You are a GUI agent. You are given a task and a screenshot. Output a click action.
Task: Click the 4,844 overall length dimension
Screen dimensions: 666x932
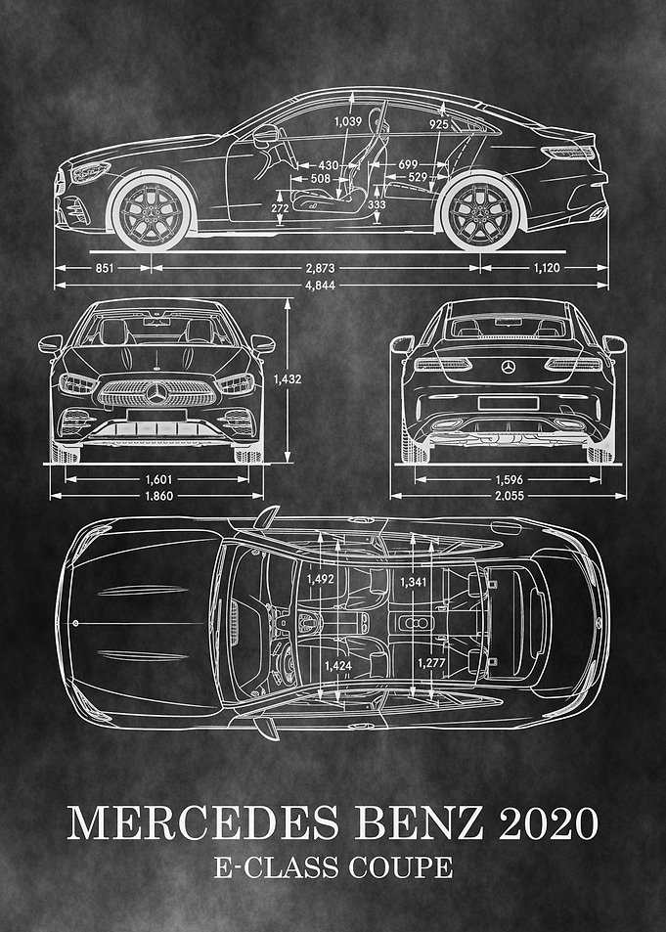click(x=320, y=286)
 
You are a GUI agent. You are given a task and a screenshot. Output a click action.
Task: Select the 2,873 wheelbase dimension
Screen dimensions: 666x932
click(x=320, y=268)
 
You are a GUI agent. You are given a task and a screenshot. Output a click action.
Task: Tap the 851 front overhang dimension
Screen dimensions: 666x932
click(x=104, y=268)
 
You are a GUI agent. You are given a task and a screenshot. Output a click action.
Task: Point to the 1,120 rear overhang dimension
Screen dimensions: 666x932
click(x=546, y=268)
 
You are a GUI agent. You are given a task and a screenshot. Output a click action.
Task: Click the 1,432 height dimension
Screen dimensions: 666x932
click(x=288, y=379)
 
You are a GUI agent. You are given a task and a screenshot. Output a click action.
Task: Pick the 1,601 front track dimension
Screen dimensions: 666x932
click(x=158, y=479)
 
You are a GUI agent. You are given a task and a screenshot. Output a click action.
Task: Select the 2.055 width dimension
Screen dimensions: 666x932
click(x=509, y=496)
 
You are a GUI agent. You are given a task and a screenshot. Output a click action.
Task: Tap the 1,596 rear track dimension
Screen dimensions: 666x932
click(x=509, y=479)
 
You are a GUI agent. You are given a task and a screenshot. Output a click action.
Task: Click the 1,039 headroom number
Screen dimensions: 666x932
click(x=347, y=122)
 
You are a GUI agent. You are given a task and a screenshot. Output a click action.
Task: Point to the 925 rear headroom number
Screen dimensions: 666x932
click(x=439, y=124)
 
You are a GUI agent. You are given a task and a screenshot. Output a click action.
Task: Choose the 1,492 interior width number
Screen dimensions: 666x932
click(x=321, y=579)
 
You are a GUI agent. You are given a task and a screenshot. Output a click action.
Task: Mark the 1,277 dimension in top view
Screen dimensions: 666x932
click(x=431, y=663)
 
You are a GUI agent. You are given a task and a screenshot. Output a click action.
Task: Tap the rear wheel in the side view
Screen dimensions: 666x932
click(x=480, y=211)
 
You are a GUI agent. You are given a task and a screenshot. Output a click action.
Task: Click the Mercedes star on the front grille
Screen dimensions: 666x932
click(x=156, y=393)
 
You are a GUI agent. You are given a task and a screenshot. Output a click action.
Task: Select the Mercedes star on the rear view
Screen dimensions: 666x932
click(x=508, y=367)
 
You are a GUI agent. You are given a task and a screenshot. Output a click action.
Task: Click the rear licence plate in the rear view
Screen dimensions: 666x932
click(x=508, y=404)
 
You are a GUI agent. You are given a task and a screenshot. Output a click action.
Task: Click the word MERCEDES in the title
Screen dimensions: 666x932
click(x=202, y=823)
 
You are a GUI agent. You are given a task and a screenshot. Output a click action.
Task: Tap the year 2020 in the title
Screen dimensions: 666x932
click(x=549, y=823)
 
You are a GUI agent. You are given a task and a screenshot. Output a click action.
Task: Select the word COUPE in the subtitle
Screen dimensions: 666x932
click(x=400, y=867)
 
